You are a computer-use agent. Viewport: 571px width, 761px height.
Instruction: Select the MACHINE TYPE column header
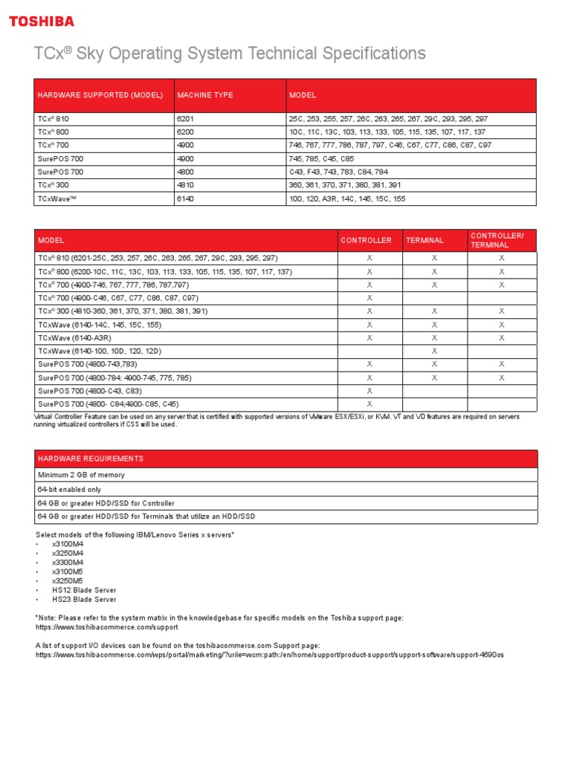tap(204, 95)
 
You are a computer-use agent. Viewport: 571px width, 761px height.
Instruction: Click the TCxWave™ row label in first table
tap(59, 198)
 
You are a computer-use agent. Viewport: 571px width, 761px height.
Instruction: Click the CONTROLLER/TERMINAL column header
tap(496, 240)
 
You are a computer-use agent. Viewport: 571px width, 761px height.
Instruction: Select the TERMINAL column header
tap(425, 241)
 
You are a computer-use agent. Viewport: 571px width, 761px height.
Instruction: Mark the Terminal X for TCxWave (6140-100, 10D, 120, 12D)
tap(434, 351)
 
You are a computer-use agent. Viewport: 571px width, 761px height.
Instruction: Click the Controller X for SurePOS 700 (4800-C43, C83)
tap(370, 391)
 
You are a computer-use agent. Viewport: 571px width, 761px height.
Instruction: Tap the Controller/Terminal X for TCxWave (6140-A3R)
tap(501, 337)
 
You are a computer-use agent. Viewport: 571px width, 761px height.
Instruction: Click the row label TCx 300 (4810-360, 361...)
tap(123, 311)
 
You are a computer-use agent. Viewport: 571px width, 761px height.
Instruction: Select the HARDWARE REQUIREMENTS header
tap(91, 459)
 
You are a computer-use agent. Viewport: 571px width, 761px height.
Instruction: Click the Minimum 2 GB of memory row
tap(81, 475)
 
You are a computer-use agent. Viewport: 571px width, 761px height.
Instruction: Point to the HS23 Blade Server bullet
tap(84, 599)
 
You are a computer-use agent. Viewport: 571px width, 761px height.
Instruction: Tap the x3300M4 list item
tap(68, 563)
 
